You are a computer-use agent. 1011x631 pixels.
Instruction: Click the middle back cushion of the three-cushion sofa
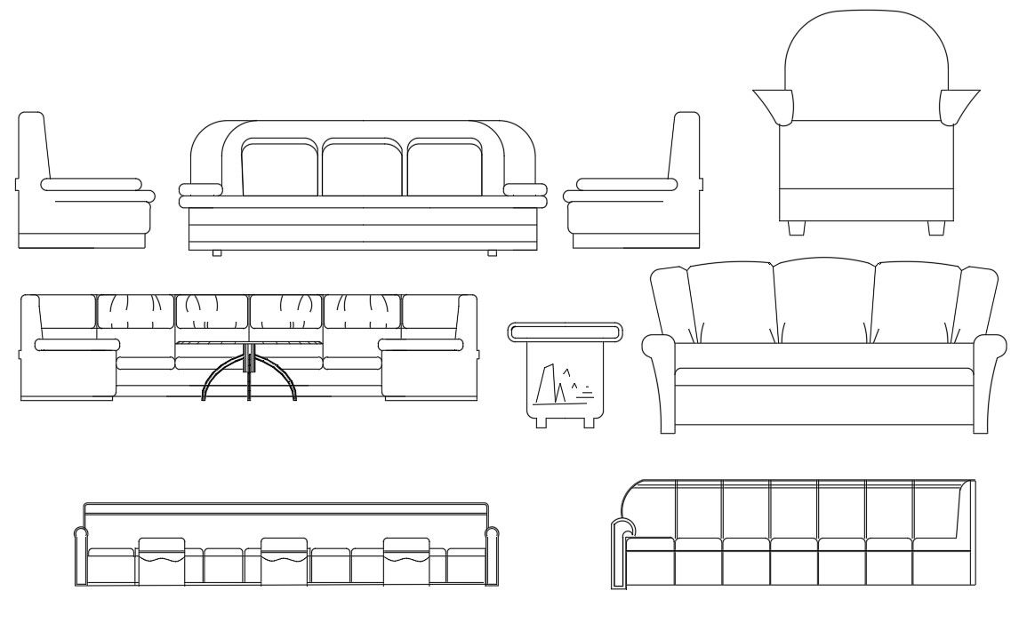362,166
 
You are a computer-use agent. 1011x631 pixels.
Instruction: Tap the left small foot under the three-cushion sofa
216,253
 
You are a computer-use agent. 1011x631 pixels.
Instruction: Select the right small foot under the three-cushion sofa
492,253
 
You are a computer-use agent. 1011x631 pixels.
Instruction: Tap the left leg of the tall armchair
797,228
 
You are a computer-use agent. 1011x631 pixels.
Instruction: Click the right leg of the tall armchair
935,228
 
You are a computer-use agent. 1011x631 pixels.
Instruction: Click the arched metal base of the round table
249,378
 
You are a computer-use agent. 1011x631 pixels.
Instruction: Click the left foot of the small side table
542,422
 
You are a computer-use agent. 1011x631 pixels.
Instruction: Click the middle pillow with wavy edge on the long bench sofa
284,560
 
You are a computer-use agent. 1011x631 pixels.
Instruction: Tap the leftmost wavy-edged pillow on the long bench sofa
162,560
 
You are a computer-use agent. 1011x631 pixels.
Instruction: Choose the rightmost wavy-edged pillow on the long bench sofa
406,560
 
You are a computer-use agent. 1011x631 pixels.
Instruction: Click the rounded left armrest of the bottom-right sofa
619,555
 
